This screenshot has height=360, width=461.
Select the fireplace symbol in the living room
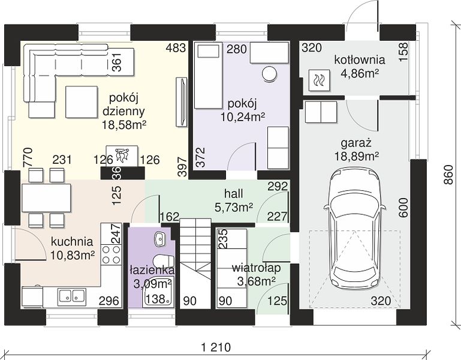click(122, 156)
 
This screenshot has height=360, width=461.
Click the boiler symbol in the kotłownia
click(319, 80)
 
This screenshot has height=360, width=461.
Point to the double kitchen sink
click(72, 296)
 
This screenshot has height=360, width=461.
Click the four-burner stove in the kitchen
click(111, 254)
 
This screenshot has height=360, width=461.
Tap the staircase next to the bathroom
click(195, 263)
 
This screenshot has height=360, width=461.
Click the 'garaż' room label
click(356, 143)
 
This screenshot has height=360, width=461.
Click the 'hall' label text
click(234, 194)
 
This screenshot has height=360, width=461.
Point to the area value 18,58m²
click(124, 125)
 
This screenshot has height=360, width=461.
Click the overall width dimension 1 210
click(216, 347)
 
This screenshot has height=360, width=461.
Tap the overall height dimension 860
click(448, 175)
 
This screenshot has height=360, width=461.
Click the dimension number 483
click(176, 47)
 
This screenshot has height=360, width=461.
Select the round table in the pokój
click(269, 74)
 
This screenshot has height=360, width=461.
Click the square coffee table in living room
click(82, 102)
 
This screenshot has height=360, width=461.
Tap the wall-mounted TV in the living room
click(182, 102)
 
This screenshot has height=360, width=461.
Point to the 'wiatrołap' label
click(256, 268)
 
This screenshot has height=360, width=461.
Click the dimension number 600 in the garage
click(403, 208)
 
